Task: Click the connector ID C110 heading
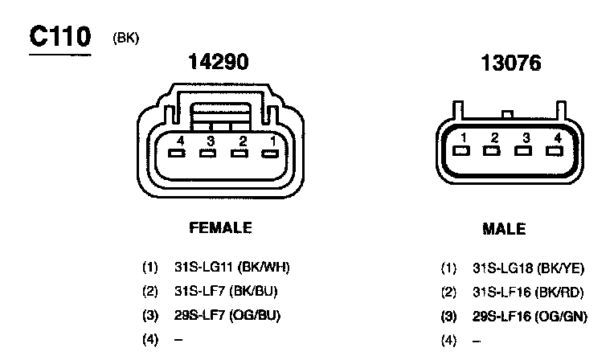(60, 36)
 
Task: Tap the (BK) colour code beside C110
(125, 38)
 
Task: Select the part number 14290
(219, 62)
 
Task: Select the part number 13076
(511, 63)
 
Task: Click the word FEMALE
(220, 227)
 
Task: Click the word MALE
(504, 229)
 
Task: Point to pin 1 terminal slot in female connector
(270, 153)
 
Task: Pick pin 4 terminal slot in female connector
(177, 153)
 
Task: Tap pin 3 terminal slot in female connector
(207, 153)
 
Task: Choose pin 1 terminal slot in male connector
(461, 151)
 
